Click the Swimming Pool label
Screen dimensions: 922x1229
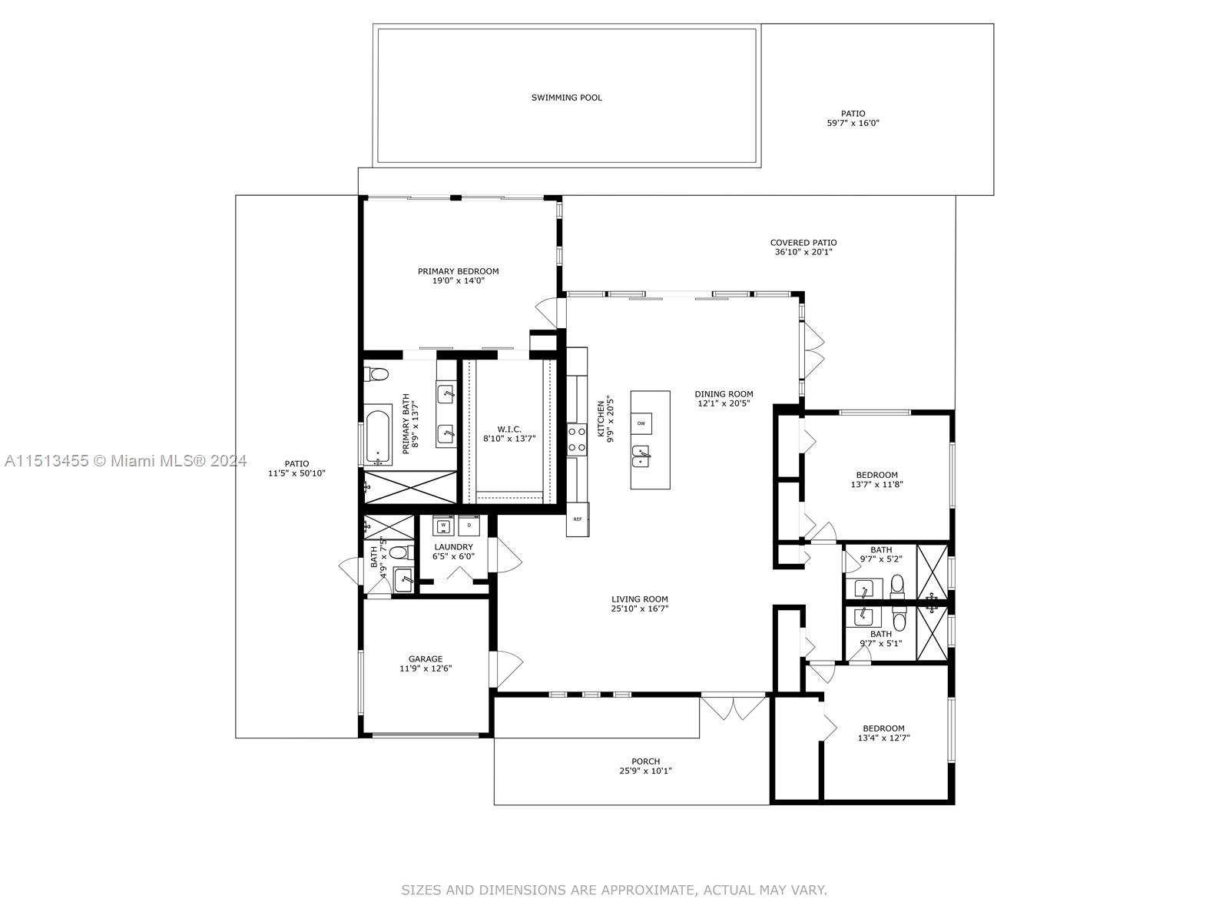pos(567,98)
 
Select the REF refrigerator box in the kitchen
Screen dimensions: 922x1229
pos(578,519)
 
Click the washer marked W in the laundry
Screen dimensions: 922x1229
pos(444,526)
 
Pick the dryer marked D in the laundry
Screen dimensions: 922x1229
pos(469,526)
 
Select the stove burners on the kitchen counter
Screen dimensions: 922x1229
pos(577,439)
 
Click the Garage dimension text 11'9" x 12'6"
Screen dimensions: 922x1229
pos(426,668)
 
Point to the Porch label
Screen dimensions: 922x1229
pos(646,761)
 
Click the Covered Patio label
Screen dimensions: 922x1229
pos(803,243)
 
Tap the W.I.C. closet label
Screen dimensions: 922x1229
pos(509,429)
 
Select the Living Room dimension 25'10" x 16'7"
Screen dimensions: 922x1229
pos(640,609)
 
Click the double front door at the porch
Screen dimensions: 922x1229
pos(734,707)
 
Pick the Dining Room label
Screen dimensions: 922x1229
pos(724,394)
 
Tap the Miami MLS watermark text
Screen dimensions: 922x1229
pos(126,461)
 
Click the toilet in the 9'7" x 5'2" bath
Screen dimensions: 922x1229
pos(897,587)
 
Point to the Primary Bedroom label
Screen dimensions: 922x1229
pos(458,271)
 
